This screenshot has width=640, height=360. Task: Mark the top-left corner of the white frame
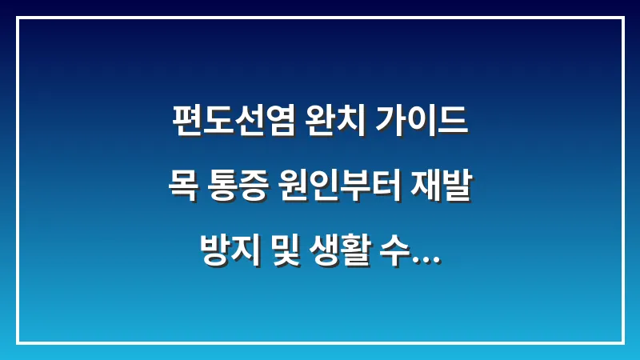18,18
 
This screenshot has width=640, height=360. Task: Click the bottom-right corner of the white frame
622,342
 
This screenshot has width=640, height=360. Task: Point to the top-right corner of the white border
622,18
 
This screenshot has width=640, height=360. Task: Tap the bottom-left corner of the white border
18,342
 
